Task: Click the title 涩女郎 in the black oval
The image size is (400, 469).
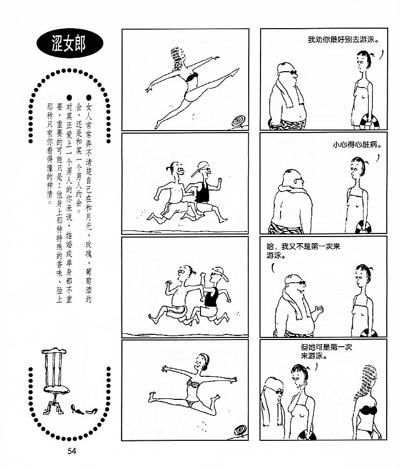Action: [x=69, y=44]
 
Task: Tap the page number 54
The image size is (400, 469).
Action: [x=72, y=451]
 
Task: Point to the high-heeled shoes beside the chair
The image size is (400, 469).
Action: [x=84, y=410]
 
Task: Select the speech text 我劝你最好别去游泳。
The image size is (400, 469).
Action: [x=343, y=39]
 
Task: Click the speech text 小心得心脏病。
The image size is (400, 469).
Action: [x=357, y=145]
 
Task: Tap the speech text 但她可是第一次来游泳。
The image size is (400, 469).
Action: [x=326, y=351]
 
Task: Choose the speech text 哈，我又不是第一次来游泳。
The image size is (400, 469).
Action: [x=303, y=251]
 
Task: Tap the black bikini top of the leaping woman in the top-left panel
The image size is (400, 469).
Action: [x=192, y=77]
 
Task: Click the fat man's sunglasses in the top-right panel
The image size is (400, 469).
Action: [x=288, y=72]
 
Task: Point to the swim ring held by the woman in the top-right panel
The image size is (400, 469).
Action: [x=369, y=122]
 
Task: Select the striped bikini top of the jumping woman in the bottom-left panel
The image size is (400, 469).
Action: [x=193, y=383]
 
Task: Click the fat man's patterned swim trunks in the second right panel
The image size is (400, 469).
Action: [x=286, y=228]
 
